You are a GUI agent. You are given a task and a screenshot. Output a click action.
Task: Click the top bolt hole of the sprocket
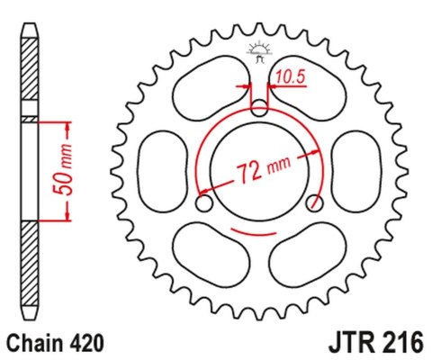click(x=258, y=110)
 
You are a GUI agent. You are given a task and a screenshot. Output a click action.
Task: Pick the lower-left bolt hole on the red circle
click(x=204, y=205)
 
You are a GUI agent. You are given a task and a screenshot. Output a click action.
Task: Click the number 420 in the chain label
click(x=87, y=343)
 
